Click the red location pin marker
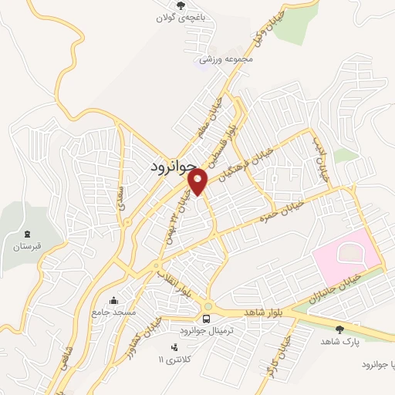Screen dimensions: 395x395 pos(199,181)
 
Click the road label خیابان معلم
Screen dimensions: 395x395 pos(211,116)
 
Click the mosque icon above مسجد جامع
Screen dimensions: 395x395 pos(115,301)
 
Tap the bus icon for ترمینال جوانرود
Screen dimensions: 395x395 pos(206,318)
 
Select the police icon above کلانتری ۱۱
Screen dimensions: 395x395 pos(174,346)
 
